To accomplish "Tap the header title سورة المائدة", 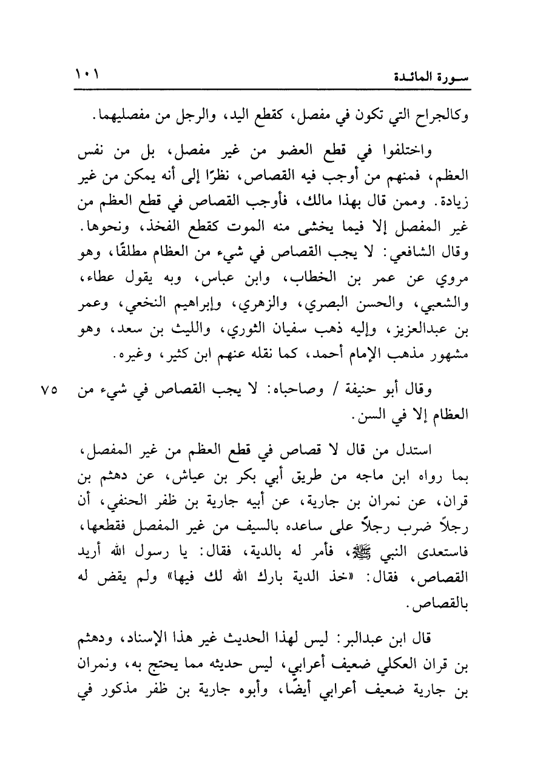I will [x=433, y=77].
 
